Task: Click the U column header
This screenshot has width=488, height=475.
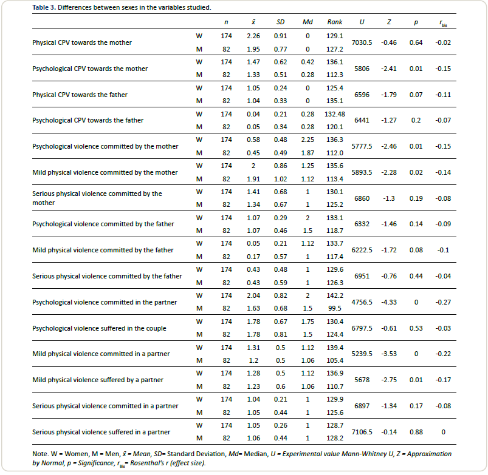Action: [362, 22]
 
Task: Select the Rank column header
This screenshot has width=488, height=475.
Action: [335, 22]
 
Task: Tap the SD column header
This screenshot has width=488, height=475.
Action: [281, 22]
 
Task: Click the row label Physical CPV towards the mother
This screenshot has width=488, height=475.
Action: [82, 42]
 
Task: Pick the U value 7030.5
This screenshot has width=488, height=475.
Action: [362, 42]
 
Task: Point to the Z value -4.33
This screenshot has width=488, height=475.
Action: [388, 302]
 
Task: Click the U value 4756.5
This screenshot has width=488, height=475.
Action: [362, 302]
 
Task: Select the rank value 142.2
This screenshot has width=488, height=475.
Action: [335, 295]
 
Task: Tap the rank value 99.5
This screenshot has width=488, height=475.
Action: [335, 308]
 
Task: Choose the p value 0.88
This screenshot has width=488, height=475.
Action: [416, 431]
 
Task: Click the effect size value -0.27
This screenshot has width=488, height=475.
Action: [443, 302]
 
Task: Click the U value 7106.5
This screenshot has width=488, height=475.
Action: [362, 431]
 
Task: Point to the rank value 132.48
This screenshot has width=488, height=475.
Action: [335, 114]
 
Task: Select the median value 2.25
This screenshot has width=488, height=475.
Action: [308, 140]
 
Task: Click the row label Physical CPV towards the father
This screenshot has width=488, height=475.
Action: [80, 94]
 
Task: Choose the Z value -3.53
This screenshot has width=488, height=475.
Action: [388, 354]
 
